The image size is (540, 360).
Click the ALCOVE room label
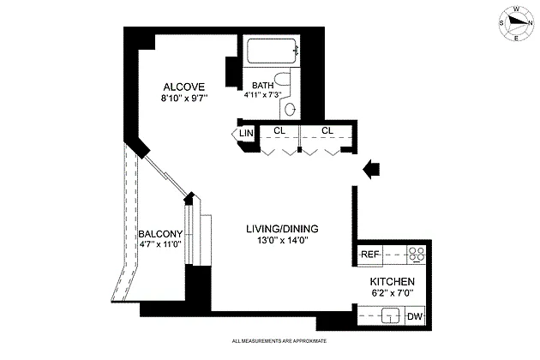point(184,87)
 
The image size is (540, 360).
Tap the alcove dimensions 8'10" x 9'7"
point(184,99)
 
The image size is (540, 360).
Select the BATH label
point(263,85)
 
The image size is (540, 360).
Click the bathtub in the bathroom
point(272,51)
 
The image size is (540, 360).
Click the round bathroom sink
point(290,110)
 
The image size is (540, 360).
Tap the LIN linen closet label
point(246,133)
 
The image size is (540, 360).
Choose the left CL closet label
point(279,130)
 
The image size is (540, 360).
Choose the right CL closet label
point(327,130)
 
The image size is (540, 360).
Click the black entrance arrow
point(371,170)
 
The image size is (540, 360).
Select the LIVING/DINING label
point(282,229)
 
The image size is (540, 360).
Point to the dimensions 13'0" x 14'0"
point(282,240)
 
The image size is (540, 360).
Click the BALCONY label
point(160,234)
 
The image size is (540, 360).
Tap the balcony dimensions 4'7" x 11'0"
point(160,244)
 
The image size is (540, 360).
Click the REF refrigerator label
point(370,255)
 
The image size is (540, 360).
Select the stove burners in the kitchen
point(417,255)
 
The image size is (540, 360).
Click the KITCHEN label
point(393,282)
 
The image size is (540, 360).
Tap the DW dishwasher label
point(415,316)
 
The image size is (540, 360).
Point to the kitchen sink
point(391,315)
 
